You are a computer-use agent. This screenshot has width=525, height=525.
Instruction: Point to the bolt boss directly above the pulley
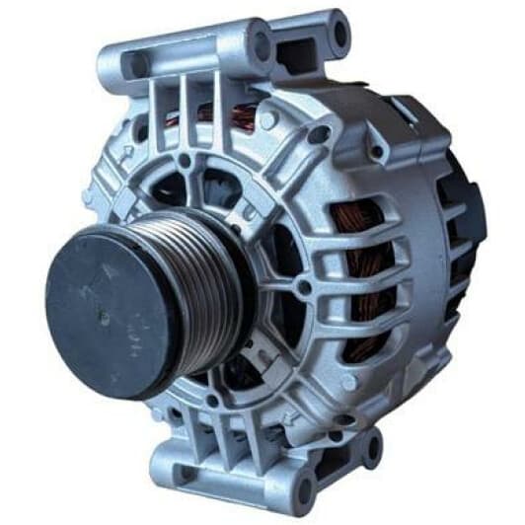pyautogui.click(x=186, y=160)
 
